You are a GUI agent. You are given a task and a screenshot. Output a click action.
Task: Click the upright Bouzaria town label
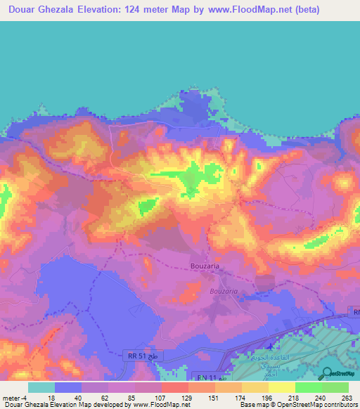pos(207,266)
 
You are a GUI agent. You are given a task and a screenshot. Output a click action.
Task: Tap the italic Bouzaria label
pos(225,290)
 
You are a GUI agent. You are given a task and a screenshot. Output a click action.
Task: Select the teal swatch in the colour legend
pos(41,387)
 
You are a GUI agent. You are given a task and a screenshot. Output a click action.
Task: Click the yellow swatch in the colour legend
pos(281,387)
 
